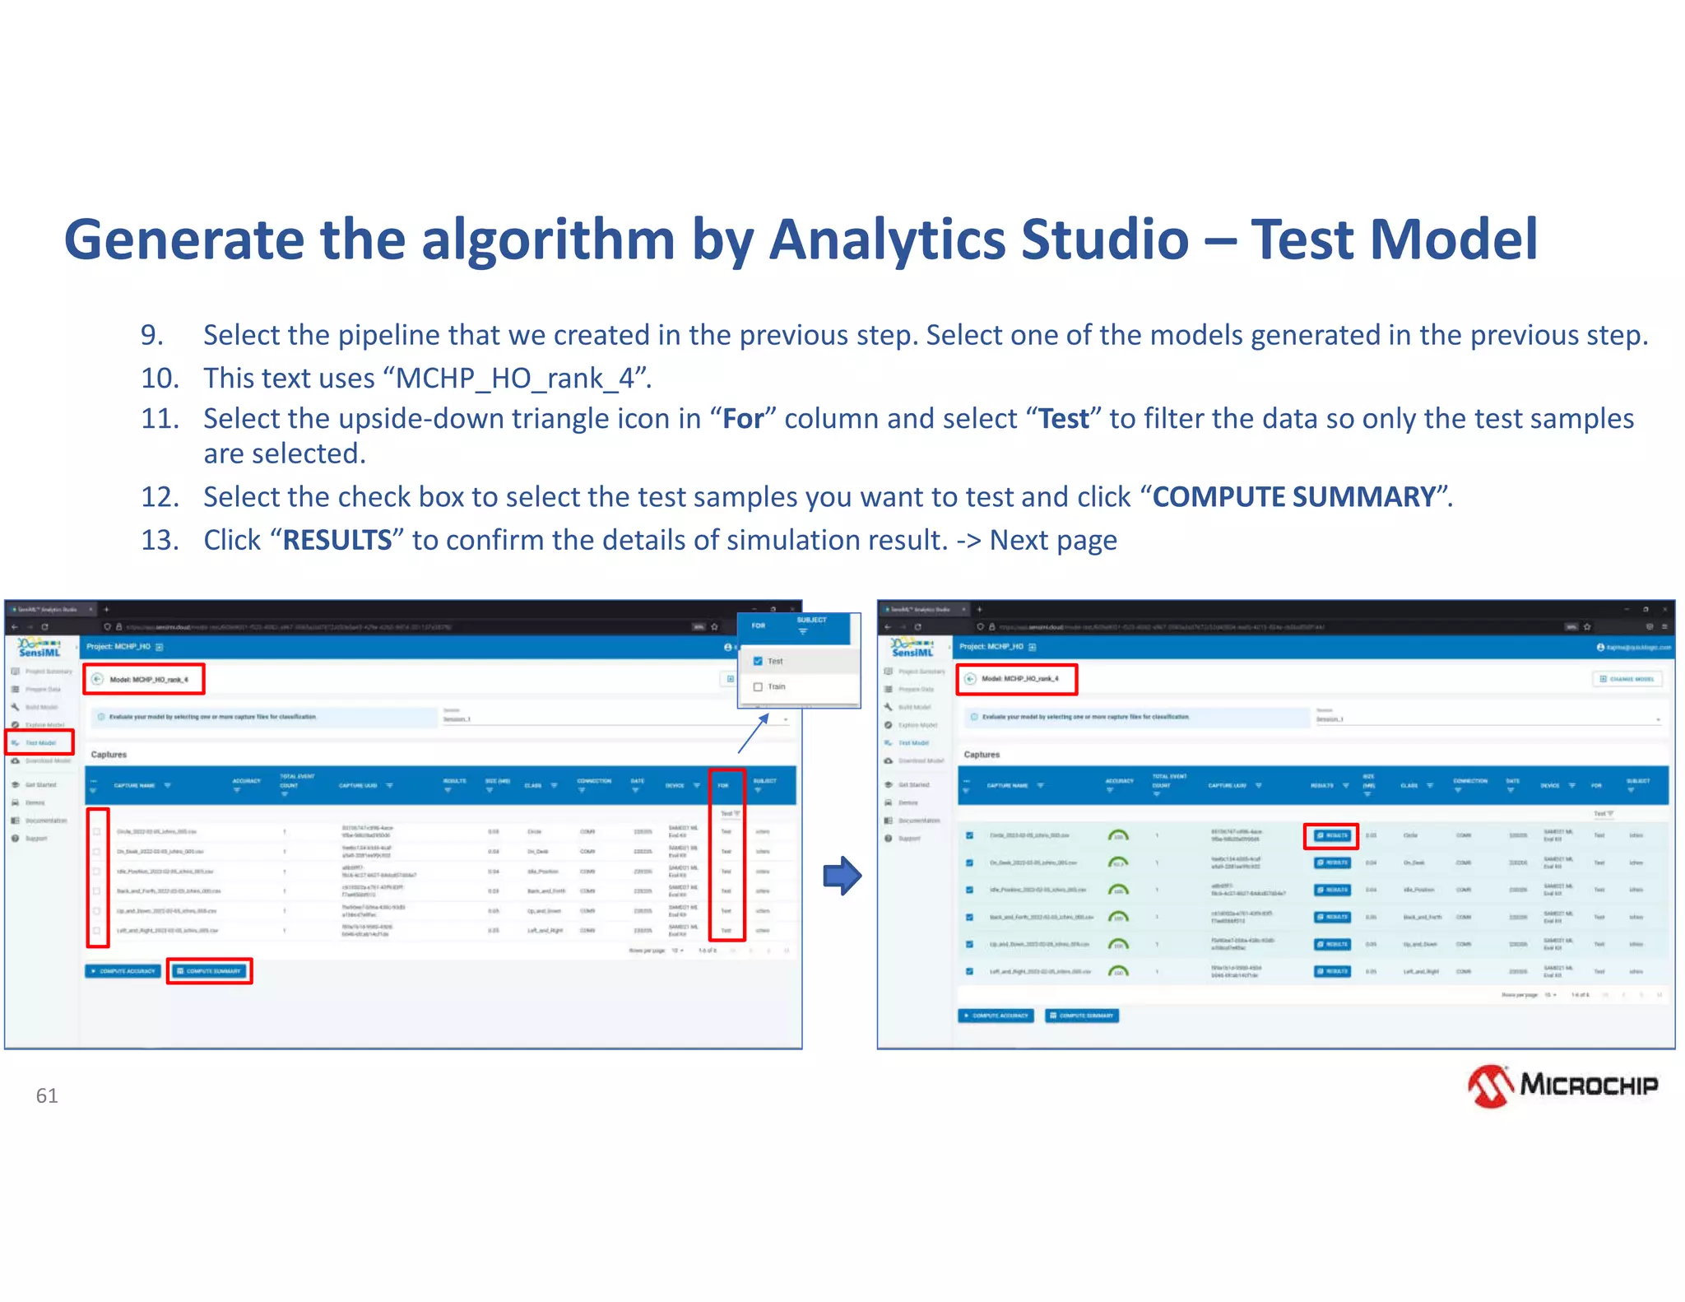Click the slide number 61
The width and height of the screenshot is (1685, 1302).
point(47,1095)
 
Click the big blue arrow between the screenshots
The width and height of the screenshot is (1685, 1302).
point(842,876)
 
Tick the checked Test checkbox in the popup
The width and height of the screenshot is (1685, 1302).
point(758,661)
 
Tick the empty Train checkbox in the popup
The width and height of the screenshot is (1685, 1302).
point(758,686)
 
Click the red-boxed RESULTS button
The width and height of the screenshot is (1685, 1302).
point(1331,835)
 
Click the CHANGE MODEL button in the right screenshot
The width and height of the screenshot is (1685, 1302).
point(1627,679)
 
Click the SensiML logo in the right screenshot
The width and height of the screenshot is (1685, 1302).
point(912,648)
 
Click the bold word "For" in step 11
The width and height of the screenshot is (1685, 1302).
point(743,419)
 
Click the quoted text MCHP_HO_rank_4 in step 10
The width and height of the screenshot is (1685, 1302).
point(516,379)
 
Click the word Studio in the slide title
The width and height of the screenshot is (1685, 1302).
point(1104,239)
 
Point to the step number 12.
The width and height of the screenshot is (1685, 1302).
point(160,497)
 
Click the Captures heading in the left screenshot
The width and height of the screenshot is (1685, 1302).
point(109,755)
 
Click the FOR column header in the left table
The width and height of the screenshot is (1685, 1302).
point(723,785)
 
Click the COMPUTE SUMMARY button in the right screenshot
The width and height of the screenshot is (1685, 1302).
point(1081,1016)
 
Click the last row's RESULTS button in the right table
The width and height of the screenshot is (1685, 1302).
point(1331,971)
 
